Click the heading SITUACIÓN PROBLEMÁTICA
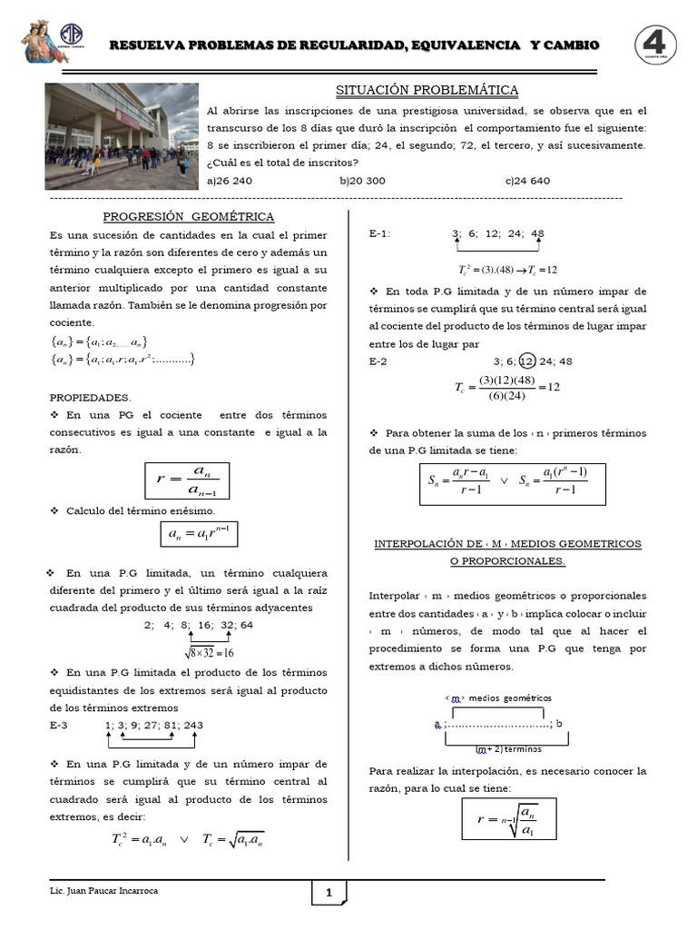[427, 90]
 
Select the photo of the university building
[121, 135]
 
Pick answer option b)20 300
[362, 181]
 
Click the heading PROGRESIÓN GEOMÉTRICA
[189, 216]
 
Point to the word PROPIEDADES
[90, 397]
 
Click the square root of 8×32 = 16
[211, 652]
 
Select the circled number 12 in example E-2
[528, 361]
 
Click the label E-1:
[379, 233]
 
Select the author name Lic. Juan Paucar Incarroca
[104, 891]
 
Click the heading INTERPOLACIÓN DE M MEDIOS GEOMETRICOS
[507, 543]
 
